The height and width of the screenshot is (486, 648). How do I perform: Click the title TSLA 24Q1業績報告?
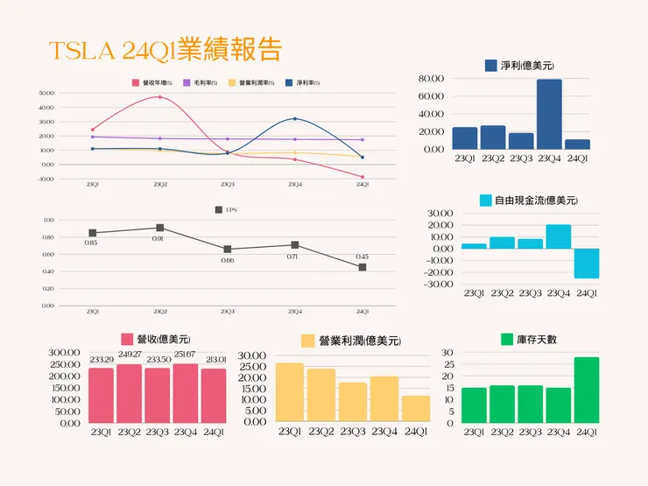click(166, 50)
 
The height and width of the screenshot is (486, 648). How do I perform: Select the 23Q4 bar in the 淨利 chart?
click(549, 114)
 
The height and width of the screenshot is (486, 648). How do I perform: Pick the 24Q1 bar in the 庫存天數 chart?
click(587, 390)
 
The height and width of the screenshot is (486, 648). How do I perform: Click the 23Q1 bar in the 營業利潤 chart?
click(290, 391)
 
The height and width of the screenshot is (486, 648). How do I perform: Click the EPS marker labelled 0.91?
click(159, 228)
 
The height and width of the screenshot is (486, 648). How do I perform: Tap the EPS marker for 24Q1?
click(362, 267)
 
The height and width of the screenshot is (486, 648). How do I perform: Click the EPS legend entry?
click(225, 210)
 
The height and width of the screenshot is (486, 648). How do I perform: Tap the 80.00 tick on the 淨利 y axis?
click(433, 79)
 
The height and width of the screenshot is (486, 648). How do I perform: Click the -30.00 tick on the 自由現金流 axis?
click(437, 284)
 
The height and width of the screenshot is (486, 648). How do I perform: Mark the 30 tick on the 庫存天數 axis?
click(447, 353)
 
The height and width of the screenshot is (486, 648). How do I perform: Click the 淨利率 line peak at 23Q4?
click(295, 118)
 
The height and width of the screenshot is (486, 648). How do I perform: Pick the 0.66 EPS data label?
click(227, 260)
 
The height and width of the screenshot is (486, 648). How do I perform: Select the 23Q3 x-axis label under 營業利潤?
click(353, 431)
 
